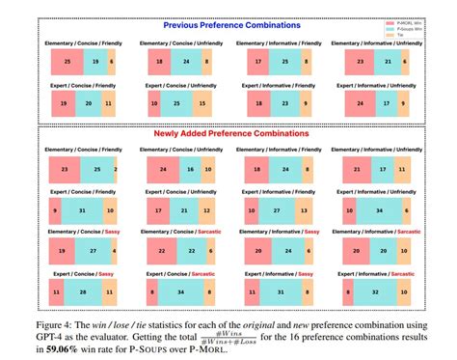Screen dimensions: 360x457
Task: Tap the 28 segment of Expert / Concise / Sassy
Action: click(84, 291)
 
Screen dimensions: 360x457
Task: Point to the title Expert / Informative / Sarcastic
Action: click(380, 273)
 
